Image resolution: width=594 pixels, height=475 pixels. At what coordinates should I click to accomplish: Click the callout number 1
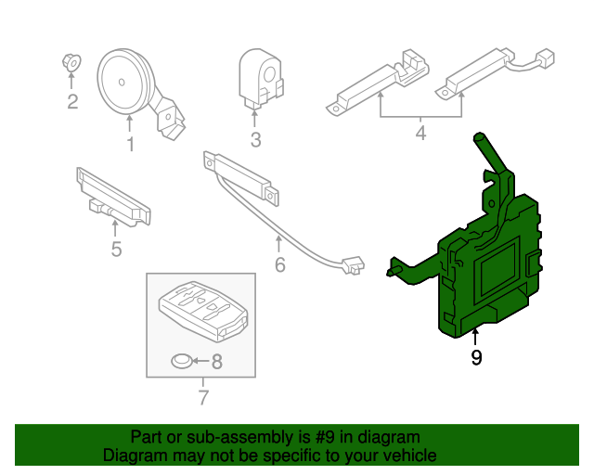[x=130, y=144]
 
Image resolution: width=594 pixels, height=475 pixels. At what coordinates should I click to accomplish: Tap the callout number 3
[x=255, y=140]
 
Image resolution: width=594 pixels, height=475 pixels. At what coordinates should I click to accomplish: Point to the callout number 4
[x=420, y=134]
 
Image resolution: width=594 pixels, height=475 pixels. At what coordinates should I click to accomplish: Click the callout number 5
[x=115, y=249]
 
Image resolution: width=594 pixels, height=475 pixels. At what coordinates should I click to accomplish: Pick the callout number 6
[x=279, y=268]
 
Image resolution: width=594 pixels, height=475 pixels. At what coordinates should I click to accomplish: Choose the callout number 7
[x=203, y=398]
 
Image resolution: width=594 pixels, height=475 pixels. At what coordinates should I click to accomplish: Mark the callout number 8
[x=217, y=362]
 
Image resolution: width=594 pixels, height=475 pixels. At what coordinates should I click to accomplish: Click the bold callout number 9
[x=476, y=357]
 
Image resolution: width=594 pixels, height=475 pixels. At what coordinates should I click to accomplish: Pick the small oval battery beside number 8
[x=183, y=361]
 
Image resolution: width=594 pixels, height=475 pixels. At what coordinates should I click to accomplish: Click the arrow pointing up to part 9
[x=476, y=336]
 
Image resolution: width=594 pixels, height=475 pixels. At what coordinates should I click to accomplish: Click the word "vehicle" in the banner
[x=407, y=456]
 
